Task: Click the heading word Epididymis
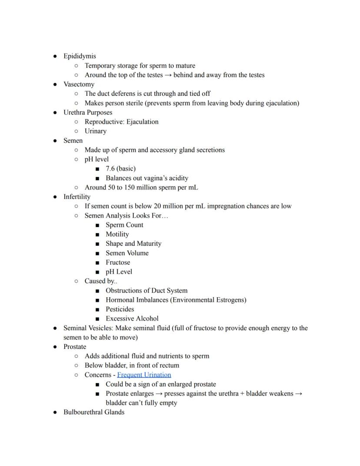click(80, 56)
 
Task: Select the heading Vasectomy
click(79, 84)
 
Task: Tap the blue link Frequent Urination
click(144, 375)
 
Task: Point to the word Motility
click(117, 234)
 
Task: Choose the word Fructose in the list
click(118, 262)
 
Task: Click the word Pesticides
click(120, 309)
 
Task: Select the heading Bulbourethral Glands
click(93, 412)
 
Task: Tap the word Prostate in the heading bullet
click(75, 347)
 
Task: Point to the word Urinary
click(95, 131)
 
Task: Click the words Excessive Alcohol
click(132, 318)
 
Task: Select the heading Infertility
click(77, 197)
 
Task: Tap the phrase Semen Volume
click(127, 253)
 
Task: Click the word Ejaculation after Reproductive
click(142, 122)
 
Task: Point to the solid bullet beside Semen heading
click(55, 141)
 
